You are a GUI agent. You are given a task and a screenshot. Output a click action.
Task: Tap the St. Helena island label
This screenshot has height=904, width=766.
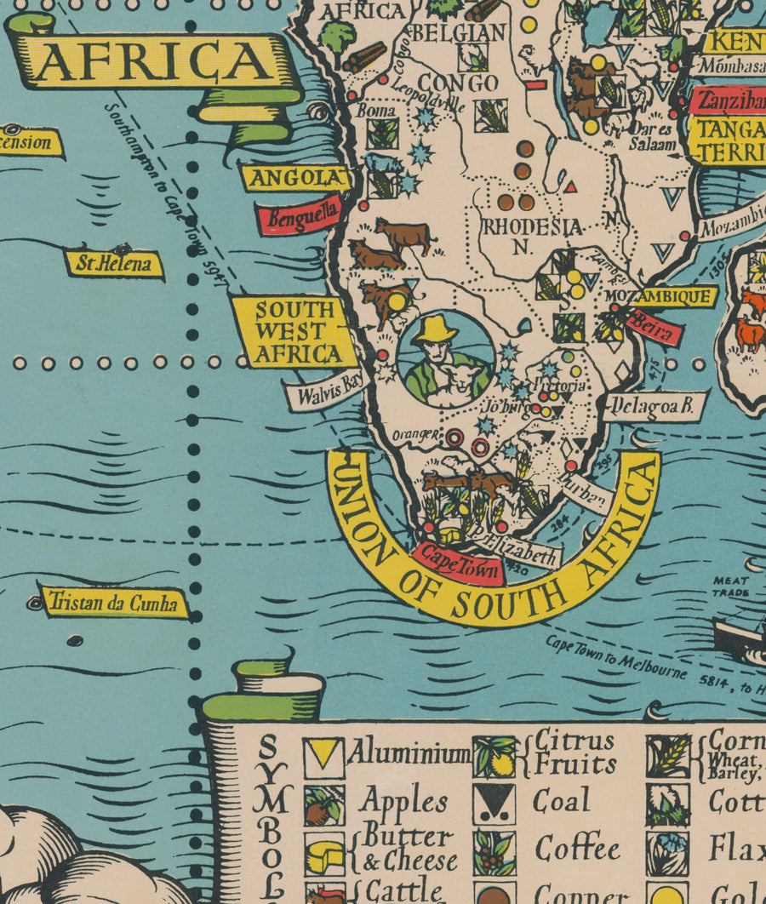click(x=114, y=264)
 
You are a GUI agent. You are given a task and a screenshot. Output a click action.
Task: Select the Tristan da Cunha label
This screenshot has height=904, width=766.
click(x=114, y=603)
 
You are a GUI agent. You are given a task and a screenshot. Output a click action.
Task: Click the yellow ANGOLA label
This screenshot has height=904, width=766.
click(x=295, y=178)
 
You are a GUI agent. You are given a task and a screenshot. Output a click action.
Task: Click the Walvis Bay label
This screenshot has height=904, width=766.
click(x=326, y=392)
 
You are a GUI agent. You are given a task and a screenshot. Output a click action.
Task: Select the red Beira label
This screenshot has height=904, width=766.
click(x=655, y=327)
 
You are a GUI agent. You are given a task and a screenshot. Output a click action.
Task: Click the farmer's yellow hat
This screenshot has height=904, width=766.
click(x=436, y=329)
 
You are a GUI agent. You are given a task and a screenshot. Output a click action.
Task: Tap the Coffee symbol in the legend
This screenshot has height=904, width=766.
click(x=494, y=853)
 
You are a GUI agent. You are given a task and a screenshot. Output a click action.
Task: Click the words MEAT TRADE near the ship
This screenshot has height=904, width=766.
click(x=731, y=586)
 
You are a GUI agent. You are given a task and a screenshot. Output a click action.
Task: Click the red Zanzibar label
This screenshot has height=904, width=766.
click(x=729, y=100)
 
